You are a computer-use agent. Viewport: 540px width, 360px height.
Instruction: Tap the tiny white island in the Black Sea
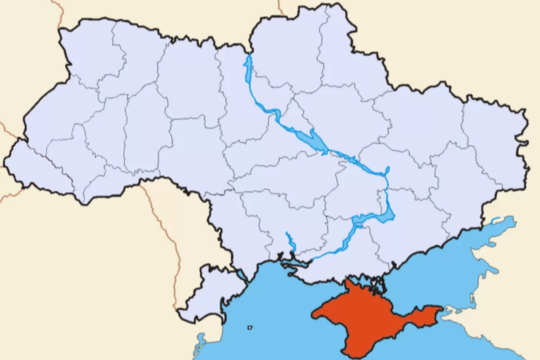250,328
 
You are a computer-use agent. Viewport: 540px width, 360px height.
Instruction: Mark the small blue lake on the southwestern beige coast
200,340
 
